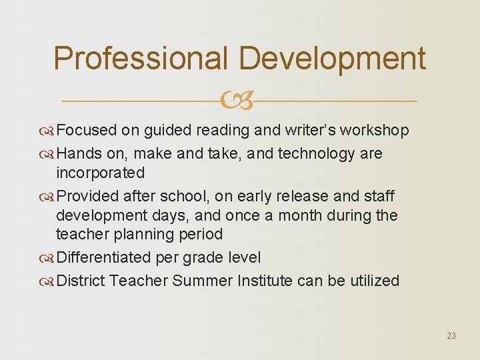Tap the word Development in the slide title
click(332, 59)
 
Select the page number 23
click(451, 336)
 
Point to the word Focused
click(87, 131)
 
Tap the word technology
click(316, 154)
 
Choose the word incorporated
click(100, 173)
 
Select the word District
click(81, 281)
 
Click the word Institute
click(265, 281)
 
